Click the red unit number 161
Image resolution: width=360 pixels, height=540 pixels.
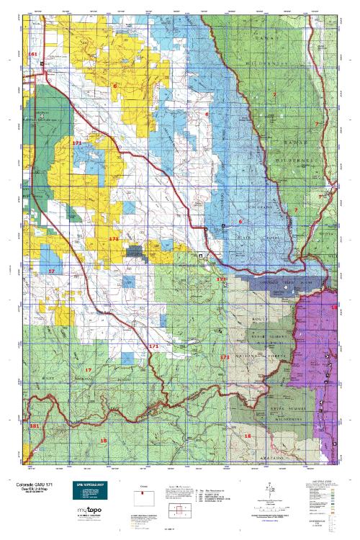click(32, 55)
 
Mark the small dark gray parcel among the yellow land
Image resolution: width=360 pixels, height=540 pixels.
click(135, 251)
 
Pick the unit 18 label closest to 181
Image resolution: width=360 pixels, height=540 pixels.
click(104, 439)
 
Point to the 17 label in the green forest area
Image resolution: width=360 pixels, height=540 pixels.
click(89, 369)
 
